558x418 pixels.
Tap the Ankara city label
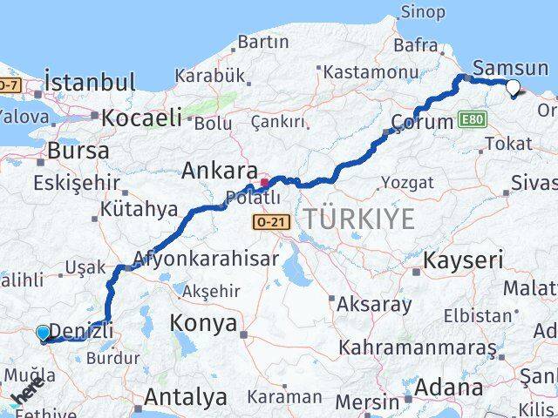[x=219, y=171]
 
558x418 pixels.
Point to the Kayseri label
[x=463, y=259]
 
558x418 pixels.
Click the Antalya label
[x=185, y=397]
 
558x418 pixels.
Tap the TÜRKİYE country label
[x=358, y=219]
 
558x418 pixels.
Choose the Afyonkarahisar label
[x=207, y=259]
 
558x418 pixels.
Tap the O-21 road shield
[x=268, y=223]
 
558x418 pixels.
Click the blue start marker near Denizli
[x=43, y=332]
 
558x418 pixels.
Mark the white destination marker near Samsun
[x=513, y=86]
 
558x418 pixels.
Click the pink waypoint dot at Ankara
[x=264, y=183]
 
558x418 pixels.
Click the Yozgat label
[x=408, y=182]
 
